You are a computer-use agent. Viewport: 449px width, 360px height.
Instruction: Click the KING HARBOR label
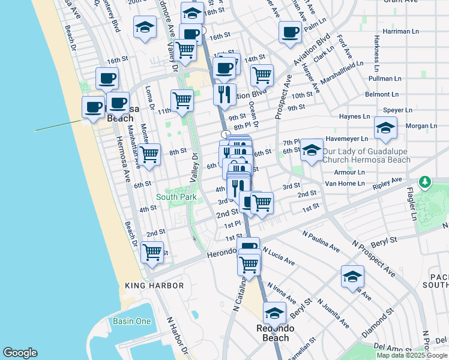pyautogui.click(x=154, y=286)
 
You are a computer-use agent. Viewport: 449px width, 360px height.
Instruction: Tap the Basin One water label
pyautogui.click(x=131, y=321)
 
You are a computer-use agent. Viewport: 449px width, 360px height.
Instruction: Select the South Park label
pyautogui.click(x=176, y=196)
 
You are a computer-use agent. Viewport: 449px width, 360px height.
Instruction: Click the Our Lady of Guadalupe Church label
pyautogui.click(x=367, y=155)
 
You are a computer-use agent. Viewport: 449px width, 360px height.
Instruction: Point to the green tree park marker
pyautogui.click(x=425, y=181)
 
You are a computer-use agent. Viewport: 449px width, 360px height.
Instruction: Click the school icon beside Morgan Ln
pyautogui.click(x=385, y=127)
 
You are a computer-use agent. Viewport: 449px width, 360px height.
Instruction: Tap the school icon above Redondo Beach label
pyautogui.click(x=274, y=313)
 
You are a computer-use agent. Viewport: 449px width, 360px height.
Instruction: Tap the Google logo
pyautogui.click(x=20, y=353)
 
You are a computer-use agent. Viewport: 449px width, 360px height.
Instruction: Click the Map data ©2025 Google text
pyautogui.click(x=412, y=355)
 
